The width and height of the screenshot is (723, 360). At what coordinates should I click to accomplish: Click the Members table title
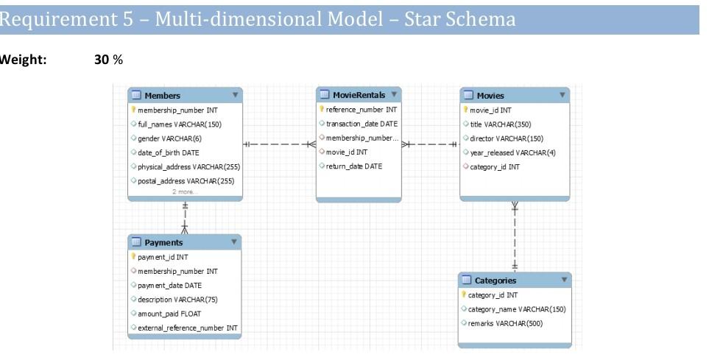(x=162, y=96)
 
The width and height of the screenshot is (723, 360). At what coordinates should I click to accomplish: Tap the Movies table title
(x=490, y=96)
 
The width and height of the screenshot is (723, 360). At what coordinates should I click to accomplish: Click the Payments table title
(x=163, y=242)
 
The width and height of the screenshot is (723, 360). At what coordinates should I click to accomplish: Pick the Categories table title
(x=495, y=280)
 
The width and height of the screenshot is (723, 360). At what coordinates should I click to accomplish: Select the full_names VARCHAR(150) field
(x=179, y=124)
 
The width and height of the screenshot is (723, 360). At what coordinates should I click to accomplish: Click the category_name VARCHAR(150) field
(x=518, y=309)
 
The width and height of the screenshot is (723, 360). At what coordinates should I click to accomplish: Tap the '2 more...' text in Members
(x=184, y=191)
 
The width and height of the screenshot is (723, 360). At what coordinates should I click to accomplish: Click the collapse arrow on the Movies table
(x=562, y=95)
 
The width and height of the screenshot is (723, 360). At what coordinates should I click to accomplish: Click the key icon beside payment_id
(x=133, y=257)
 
